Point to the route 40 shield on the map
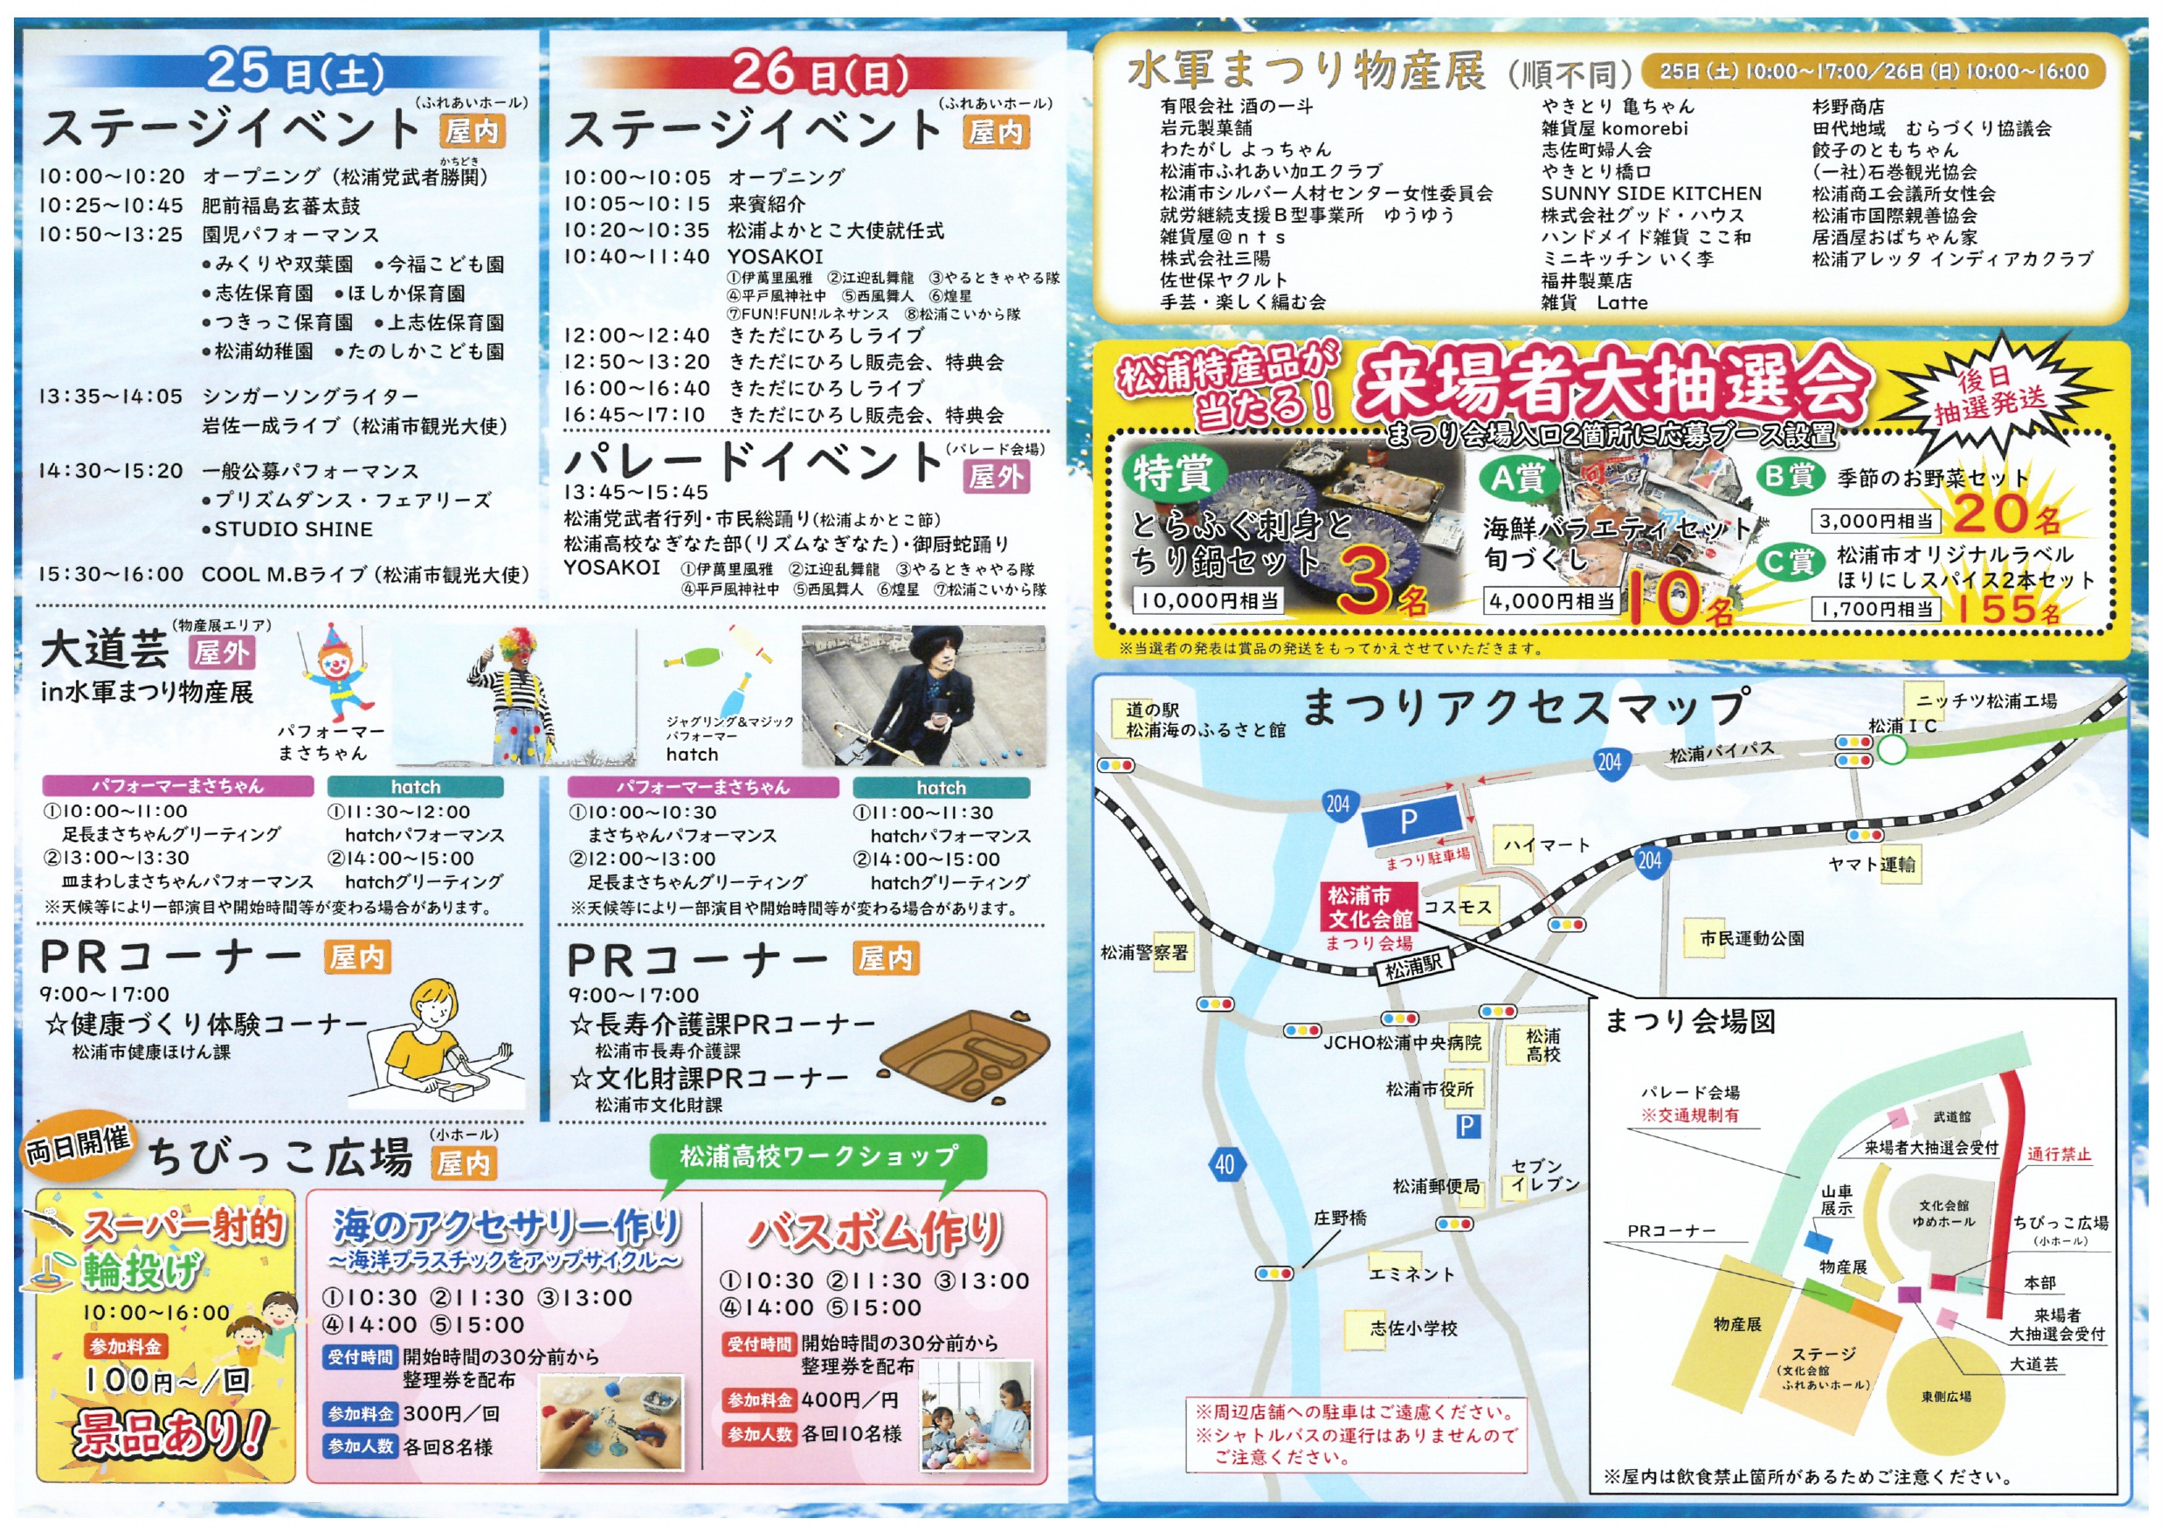(1225, 1164)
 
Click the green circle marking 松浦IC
(1891, 750)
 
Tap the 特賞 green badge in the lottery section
(1171, 473)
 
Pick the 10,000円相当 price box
(1208, 600)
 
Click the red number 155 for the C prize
(1991, 608)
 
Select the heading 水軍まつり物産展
(1307, 72)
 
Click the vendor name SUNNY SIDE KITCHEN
(1651, 194)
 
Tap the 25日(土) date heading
(294, 71)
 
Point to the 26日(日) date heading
(819, 72)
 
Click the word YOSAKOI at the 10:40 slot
(775, 257)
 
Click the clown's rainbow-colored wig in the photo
(515, 645)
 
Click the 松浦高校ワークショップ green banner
(818, 1156)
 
